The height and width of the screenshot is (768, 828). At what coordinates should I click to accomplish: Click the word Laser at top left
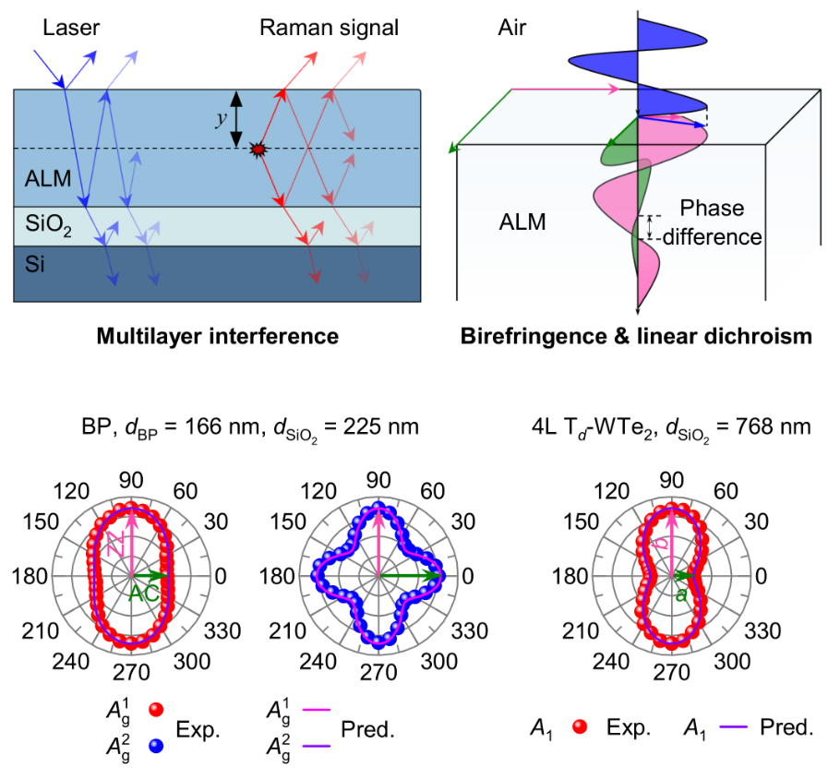69,28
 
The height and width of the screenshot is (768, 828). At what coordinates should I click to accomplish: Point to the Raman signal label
329,28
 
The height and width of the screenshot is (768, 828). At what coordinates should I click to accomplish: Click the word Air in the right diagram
511,28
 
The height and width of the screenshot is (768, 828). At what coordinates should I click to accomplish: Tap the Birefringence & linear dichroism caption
636,337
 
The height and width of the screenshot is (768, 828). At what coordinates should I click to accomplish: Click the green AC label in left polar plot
144,593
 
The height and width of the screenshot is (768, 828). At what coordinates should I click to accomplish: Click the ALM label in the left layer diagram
49,178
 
